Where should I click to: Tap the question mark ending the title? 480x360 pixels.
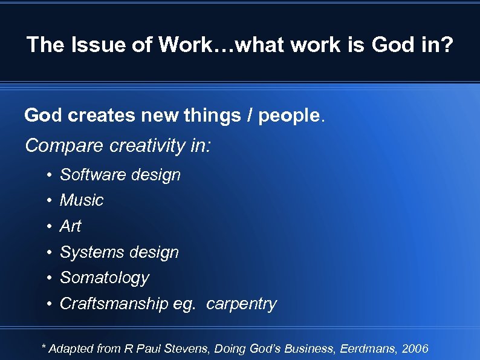coord(446,44)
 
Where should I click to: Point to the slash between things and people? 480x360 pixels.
coord(248,115)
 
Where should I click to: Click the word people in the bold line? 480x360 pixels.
coord(288,115)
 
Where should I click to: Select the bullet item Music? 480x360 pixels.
coord(82,200)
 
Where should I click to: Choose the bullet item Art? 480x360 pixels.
coord(70,226)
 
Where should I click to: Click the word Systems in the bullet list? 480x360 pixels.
coord(85,252)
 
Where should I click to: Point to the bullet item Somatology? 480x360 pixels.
coord(104,278)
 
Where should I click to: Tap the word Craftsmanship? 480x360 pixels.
coord(114,304)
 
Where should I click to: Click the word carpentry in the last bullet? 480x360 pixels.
coord(241,304)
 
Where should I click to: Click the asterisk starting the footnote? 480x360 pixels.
coord(43,347)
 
